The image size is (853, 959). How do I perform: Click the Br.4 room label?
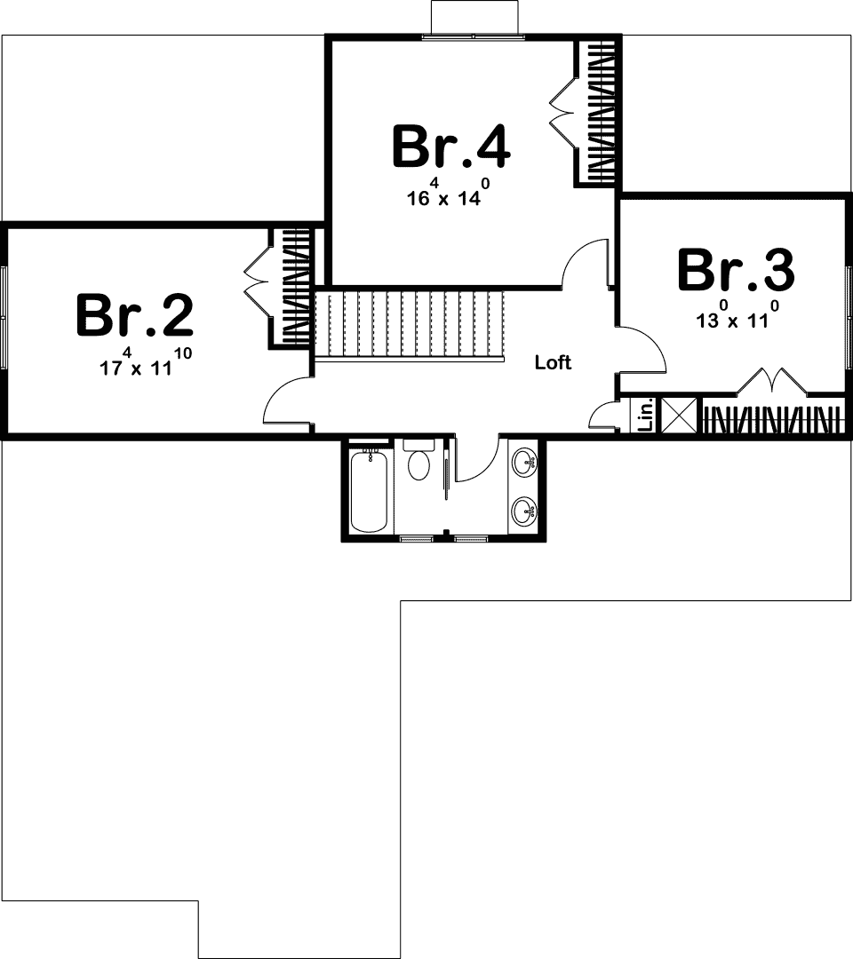[x=450, y=147]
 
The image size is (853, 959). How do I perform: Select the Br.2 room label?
[x=134, y=314]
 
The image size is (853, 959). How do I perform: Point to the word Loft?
[x=553, y=362]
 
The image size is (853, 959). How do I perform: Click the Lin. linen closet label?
[x=646, y=415]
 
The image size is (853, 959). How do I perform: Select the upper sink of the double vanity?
[x=526, y=461]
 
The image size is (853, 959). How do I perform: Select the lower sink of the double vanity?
[x=526, y=511]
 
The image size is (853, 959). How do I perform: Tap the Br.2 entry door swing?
[x=287, y=405]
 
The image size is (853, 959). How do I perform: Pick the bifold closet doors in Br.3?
[x=771, y=382]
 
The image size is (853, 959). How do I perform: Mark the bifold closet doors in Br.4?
[x=562, y=111]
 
